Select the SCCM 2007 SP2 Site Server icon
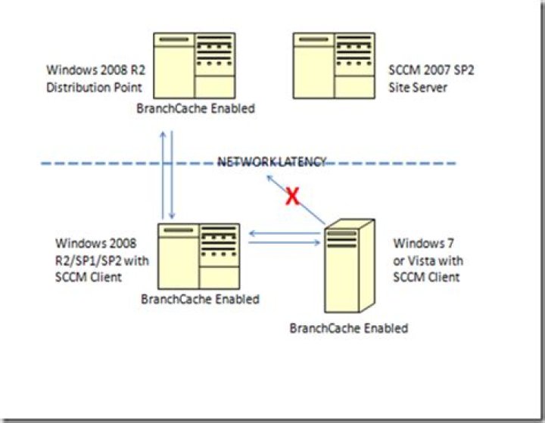(333, 66)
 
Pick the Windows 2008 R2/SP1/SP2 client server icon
(198, 256)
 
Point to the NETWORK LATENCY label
(272, 162)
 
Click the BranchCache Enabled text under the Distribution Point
(195, 108)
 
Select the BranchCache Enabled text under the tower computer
(349, 328)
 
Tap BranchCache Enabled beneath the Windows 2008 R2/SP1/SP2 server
(200, 299)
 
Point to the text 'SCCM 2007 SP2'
(426, 73)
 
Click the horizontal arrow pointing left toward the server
(284, 234)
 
